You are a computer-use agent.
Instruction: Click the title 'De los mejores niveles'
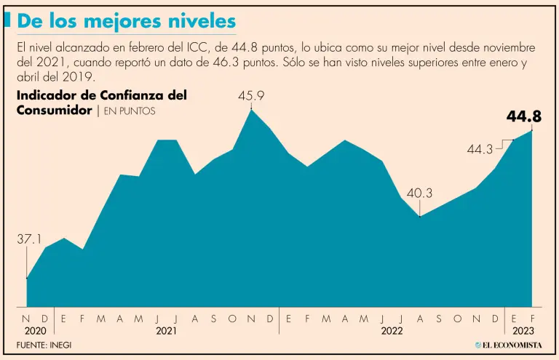pos(126,21)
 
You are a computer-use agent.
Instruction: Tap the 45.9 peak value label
pos(251,95)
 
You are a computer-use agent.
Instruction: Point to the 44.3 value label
pos(480,149)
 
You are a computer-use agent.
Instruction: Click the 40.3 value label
pos(419,193)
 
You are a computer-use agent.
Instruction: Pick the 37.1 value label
pos(28,239)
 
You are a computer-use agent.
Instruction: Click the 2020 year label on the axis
pos(36,330)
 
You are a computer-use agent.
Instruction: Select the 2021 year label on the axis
pos(167,330)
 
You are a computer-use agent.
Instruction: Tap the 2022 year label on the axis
pos(392,330)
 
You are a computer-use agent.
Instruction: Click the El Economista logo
pos(508,344)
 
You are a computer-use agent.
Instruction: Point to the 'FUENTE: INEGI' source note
pos(44,344)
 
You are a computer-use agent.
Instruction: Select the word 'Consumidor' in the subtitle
pos(54,111)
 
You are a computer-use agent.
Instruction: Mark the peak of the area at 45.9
pos(251,110)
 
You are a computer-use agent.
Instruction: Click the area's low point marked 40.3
pos(420,216)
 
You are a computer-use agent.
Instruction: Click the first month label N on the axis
pos(27,319)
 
